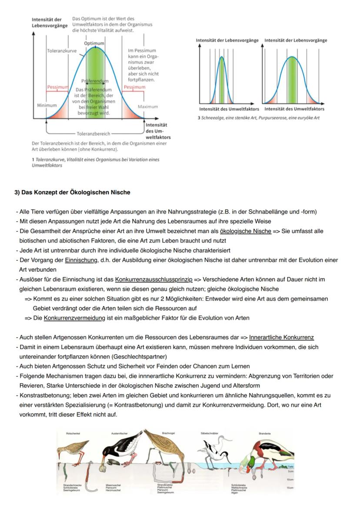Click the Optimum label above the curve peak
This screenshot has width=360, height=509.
click(x=94, y=43)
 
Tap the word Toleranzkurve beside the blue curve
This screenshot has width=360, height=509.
click(x=62, y=51)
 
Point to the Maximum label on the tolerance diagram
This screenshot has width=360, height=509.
click(x=148, y=106)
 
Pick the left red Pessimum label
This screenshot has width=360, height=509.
click(x=58, y=87)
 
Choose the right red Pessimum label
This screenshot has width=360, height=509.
click(x=134, y=87)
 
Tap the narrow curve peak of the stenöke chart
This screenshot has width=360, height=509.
click(x=222, y=57)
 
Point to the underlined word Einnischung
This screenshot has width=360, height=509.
click(x=81, y=260)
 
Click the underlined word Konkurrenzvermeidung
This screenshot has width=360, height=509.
click(x=74, y=318)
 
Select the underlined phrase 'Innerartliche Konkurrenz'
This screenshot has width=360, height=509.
click(x=281, y=337)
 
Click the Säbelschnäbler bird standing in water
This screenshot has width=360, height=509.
click(x=211, y=452)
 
